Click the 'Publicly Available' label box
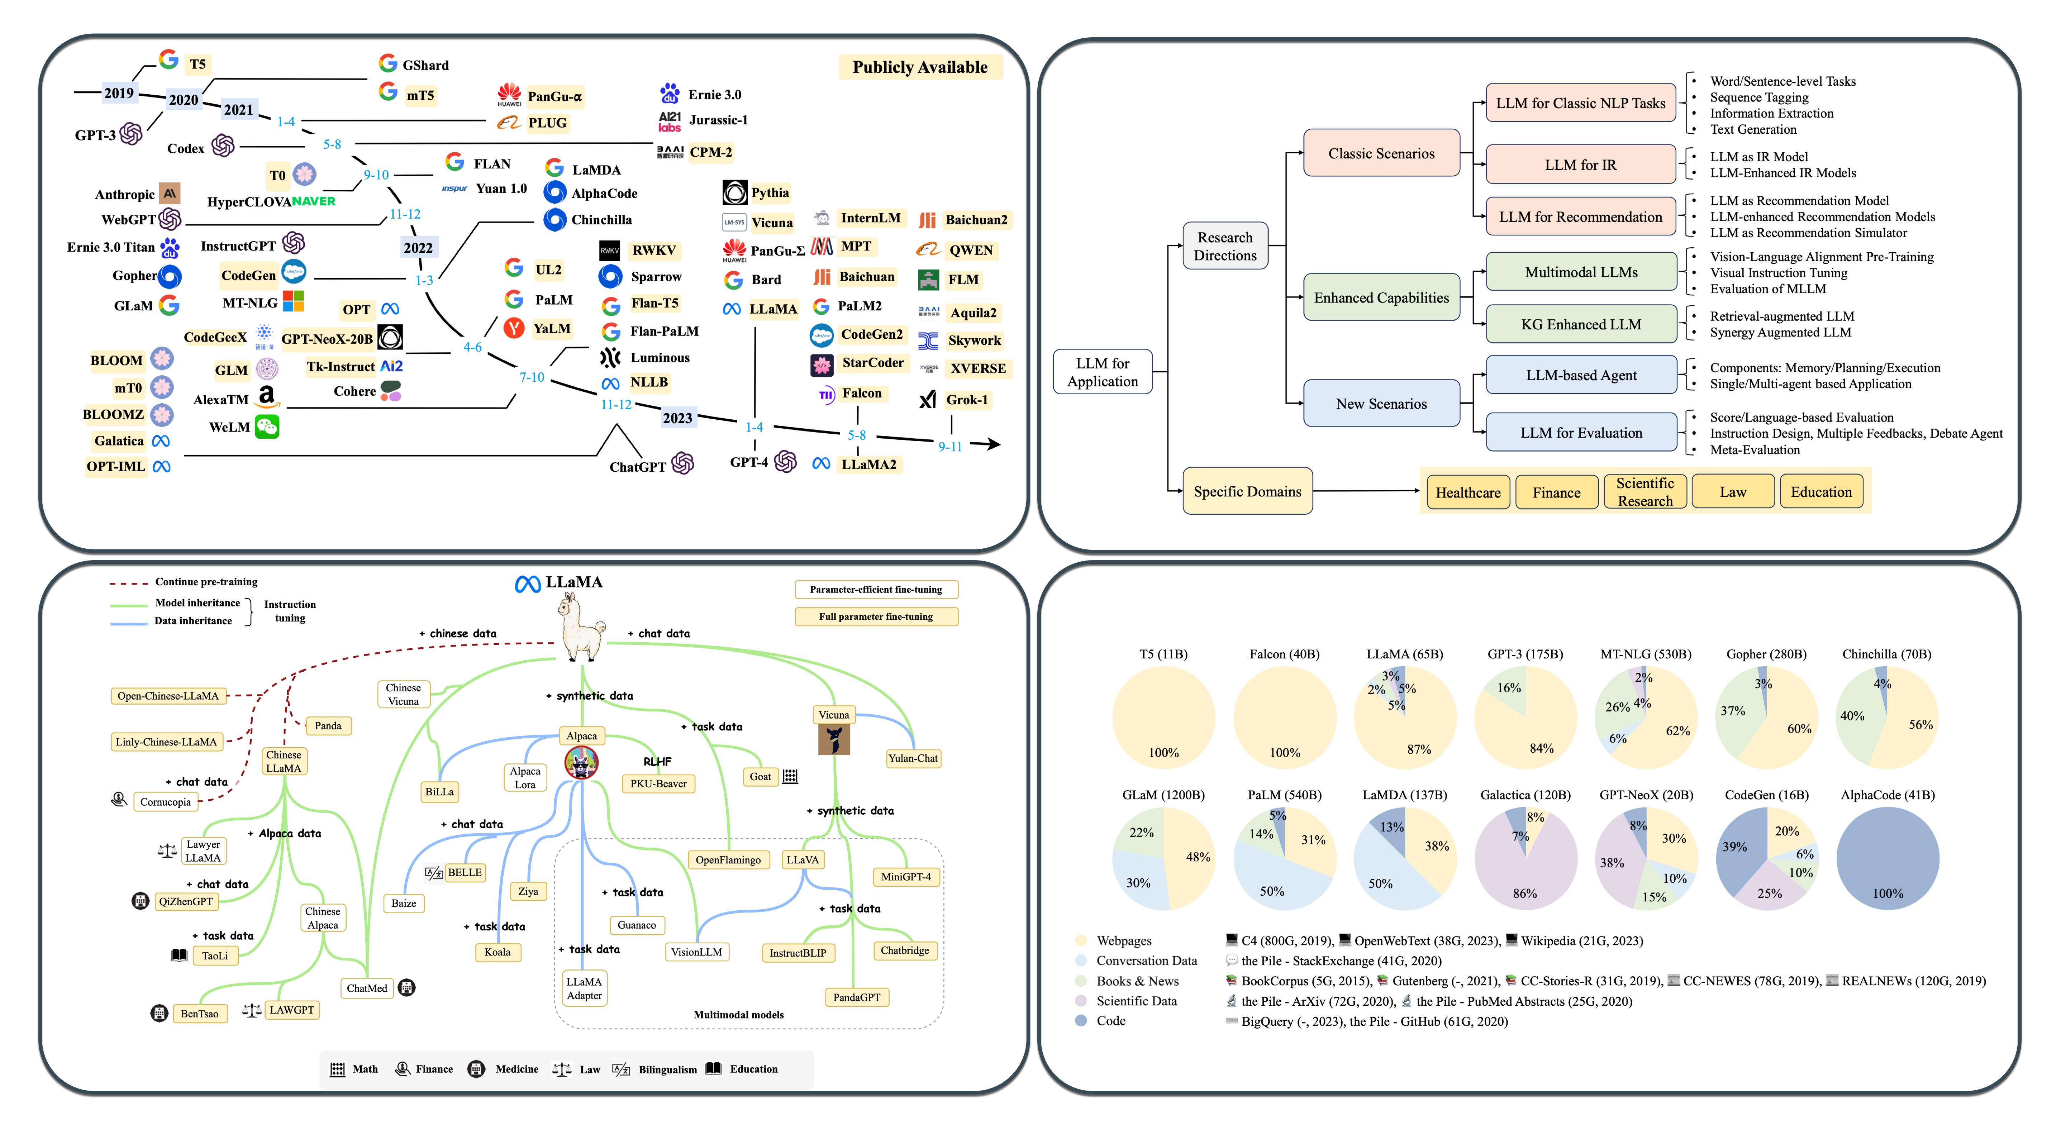click(920, 67)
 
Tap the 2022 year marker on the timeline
click(418, 248)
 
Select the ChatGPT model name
click(638, 467)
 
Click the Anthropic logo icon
click(170, 194)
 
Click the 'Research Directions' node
click(1225, 246)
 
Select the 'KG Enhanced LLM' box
click(1581, 324)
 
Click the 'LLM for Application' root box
click(1103, 372)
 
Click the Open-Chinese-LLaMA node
click(168, 696)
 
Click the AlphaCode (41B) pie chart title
click(1888, 795)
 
